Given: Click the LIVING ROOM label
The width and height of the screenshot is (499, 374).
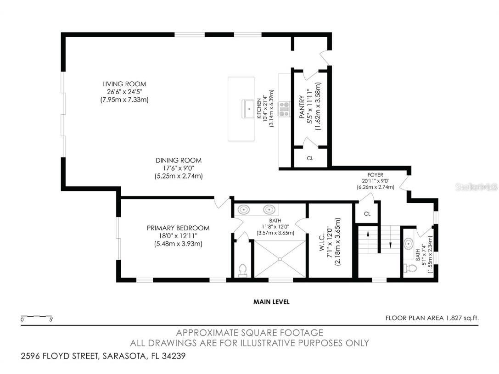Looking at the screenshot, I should (x=124, y=84).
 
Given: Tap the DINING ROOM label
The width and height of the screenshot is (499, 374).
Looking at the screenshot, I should (x=179, y=160).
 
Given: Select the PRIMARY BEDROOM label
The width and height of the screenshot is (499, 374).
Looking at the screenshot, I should (x=178, y=228).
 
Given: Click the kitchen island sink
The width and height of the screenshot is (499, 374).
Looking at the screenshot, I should (x=248, y=108).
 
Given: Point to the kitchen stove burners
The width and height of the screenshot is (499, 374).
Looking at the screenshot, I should (x=284, y=108).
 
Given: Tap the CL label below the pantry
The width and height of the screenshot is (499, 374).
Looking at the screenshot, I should (x=310, y=158).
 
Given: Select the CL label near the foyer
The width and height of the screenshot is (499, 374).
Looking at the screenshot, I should (x=367, y=214).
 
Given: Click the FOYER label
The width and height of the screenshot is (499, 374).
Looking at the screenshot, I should (x=376, y=174).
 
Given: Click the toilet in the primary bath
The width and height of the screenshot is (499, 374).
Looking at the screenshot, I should (x=242, y=270).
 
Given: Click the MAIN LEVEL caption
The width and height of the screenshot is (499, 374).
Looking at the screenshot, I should (x=271, y=302).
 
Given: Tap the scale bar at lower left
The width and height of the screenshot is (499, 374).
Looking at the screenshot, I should (x=37, y=317).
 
